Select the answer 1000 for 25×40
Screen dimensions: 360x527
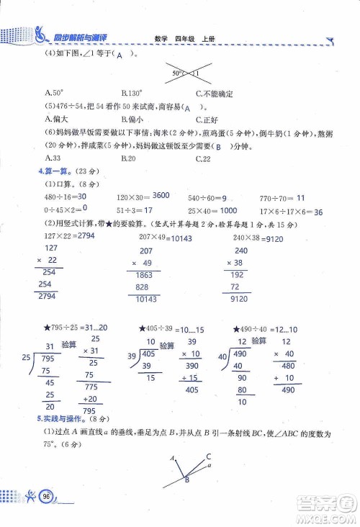click(228, 211)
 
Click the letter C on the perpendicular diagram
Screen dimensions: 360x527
click(208, 456)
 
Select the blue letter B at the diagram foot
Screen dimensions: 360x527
click(186, 480)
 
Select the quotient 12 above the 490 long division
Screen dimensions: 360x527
click(243, 342)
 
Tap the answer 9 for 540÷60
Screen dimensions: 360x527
click(225, 197)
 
